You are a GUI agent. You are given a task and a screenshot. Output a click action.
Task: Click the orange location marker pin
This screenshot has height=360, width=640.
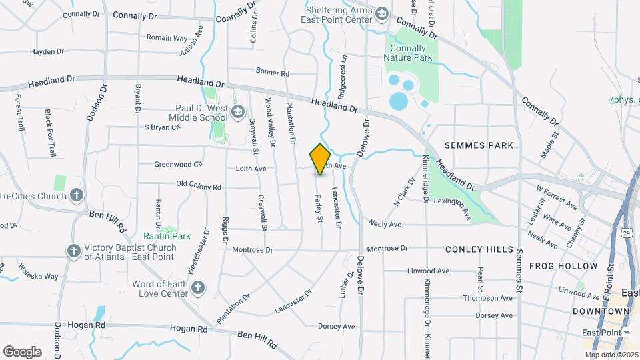(x=320, y=159)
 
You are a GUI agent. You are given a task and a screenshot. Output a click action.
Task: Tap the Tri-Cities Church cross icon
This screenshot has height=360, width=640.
(x=77, y=195)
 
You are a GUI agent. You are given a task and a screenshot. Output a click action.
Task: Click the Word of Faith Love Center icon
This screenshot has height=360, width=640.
(x=197, y=288)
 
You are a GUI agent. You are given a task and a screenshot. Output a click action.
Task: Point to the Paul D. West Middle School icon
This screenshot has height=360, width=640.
(x=238, y=113)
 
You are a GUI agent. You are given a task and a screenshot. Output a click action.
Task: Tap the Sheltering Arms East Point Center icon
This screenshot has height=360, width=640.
(x=381, y=14)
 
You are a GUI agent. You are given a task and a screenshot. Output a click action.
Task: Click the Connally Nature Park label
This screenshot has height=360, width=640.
(x=409, y=53)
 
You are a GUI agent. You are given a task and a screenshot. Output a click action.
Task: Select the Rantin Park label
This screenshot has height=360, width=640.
(x=167, y=236)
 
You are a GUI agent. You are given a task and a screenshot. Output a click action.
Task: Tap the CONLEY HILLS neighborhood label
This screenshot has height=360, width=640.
(x=479, y=249)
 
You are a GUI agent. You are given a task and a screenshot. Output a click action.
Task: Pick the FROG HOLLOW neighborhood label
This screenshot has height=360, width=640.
(x=563, y=266)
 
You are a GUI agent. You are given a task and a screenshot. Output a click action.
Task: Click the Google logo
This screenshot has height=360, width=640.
(x=22, y=351)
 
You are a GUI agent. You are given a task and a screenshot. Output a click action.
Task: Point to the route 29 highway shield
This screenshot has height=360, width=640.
(x=627, y=233)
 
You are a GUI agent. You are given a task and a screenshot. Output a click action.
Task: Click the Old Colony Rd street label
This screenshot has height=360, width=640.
(x=198, y=186)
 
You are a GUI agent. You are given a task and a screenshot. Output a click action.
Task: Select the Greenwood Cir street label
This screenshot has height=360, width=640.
(x=178, y=164)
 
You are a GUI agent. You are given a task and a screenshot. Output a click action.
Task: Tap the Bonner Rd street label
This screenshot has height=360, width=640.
(x=272, y=73)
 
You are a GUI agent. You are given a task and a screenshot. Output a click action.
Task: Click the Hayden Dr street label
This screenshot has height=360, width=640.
(x=47, y=51)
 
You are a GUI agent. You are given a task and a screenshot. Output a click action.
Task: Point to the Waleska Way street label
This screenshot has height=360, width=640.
(x=38, y=276)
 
